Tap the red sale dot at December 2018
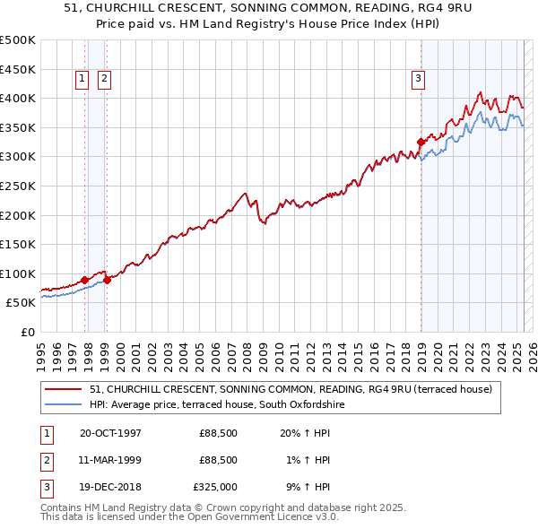pyautogui.click(x=421, y=142)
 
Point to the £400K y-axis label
pyautogui.click(x=18, y=98)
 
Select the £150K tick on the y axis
pyautogui.click(x=18, y=244)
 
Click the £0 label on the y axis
pyautogui.click(x=28, y=332)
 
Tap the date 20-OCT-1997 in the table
pyautogui.click(x=110, y=433)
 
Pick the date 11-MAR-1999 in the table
pyautogui.click(x=110, y=460)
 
